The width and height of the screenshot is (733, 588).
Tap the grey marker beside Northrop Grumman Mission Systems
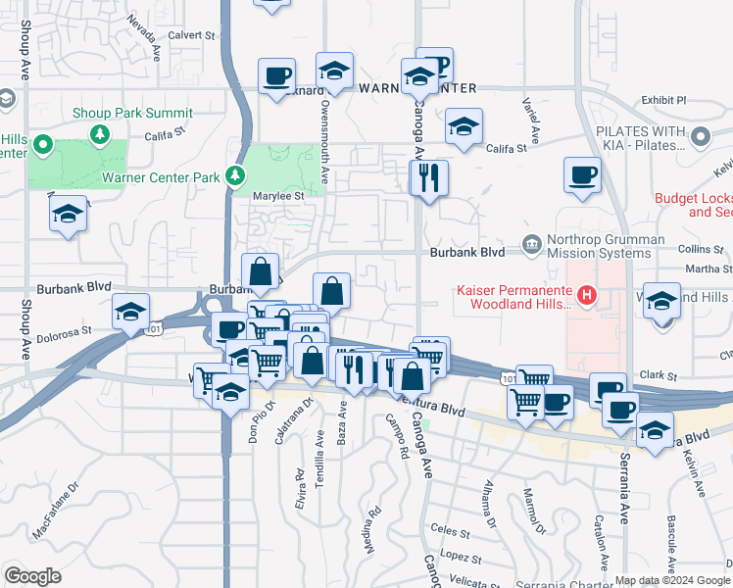531,243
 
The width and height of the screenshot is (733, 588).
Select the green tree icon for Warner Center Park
234,176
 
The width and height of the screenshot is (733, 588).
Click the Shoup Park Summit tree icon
98,132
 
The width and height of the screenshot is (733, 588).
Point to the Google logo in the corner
32,576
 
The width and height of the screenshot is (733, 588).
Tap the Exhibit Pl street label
663,100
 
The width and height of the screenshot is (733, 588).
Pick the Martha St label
704,269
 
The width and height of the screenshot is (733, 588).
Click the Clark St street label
658,375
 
